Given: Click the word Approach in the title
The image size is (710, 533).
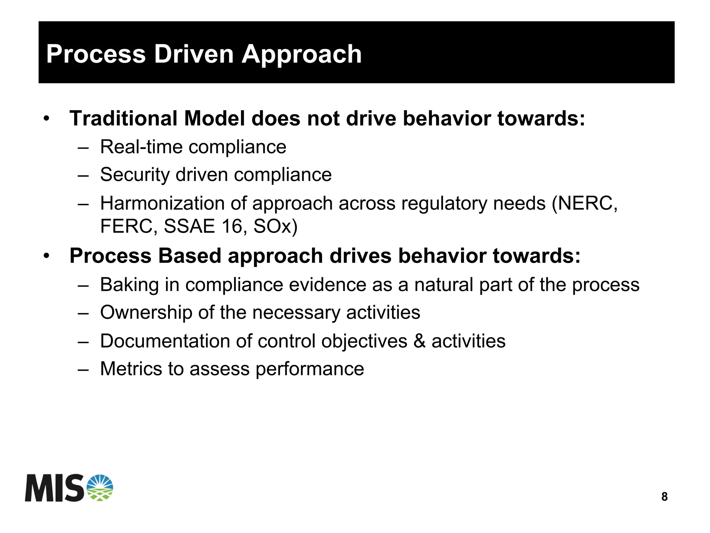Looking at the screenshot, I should [x=302, y=55].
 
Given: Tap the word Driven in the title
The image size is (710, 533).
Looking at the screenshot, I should [x=194, y=55].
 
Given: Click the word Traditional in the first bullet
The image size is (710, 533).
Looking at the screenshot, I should [x=123, y=119].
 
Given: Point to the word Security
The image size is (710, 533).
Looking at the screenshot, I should [x=135, y=175].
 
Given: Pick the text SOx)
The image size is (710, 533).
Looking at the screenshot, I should [x=275, y=227].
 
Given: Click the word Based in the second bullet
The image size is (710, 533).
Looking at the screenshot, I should [x=190, y=256].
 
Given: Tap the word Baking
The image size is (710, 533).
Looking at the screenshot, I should [x=129, y=285].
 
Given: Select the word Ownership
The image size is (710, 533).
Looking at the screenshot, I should [x=146, y=313].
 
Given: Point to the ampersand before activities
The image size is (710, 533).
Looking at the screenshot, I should [x=419, y=341].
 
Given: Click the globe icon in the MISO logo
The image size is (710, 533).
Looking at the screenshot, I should [x=100, y=488].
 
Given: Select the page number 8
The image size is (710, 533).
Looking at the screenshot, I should [x=664, y=497].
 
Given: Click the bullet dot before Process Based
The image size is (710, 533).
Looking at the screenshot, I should [x=47, y=256].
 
